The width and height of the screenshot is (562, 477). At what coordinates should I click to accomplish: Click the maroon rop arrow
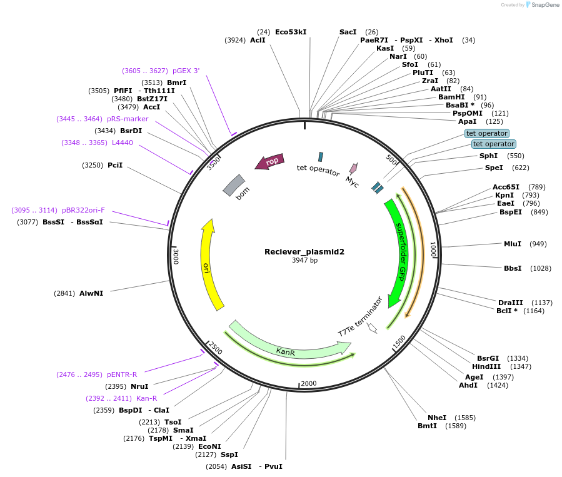[x=270, y=161]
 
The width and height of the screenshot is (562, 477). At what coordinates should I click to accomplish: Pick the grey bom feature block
[x=234, y=184]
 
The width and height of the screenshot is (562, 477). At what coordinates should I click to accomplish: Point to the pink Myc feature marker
[x=353, y=168]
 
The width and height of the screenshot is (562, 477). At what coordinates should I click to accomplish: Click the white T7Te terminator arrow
[x=373, y=328]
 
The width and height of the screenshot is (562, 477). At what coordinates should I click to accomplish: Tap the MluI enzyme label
[x=513, y=244]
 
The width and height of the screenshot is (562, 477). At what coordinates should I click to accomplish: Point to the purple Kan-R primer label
[x=146, y=398]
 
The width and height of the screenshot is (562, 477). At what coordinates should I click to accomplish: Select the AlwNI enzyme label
[x=91, y=293]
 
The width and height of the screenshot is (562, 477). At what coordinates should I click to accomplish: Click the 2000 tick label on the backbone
[x=309, y=383]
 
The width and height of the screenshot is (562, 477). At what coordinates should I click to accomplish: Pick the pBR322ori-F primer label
[x=83, y=210]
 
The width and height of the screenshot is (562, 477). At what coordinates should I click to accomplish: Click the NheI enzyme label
[x=437, y=418]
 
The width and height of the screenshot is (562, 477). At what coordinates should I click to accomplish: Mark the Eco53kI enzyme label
[x=291, y=32]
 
